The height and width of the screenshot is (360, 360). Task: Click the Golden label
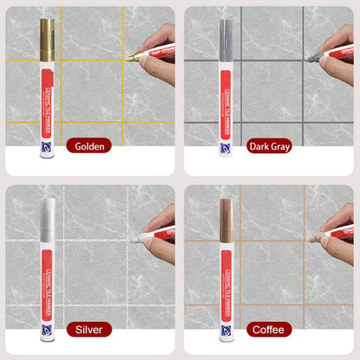click(x=89, y=146)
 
